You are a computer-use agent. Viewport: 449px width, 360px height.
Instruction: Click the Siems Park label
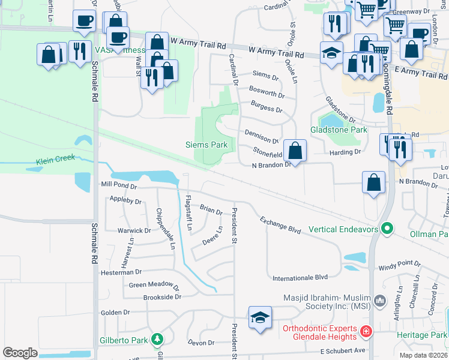pyautogui.click(x=205, y=145)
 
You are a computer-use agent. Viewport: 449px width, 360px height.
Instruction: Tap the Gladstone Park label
pyautogui.click(x=338, y=130)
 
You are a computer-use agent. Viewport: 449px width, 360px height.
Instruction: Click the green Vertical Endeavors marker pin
pyautogui.click(x=387, y=228)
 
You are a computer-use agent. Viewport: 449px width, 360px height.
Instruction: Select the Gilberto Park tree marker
pyautogui.click(x=157, y=340)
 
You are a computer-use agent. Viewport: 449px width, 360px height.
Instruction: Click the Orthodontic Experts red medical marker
pyautogui.click(x=364, y=331)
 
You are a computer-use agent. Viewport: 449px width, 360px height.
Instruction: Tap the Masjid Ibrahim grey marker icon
pyautogui.click(x=379, y=299)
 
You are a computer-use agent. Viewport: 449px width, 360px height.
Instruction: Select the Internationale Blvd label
pyautogui.click(x=300, y=277)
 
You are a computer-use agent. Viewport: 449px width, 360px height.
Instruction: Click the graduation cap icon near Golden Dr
pyautogui.click(x=260, y=318)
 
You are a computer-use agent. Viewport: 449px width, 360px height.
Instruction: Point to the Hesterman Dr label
pyautogui.click(x=121, y=272)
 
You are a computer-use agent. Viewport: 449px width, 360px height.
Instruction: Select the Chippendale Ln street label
pyautogui.click(x=166, y=229)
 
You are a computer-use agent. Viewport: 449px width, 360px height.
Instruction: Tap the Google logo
pyautogui.click(x=20, y=353)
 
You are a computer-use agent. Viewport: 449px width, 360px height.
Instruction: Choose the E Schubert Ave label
pyautogui.click(x=342, y=350)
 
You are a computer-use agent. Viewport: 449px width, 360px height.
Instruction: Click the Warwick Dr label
pyautogui.click(x=134, y=230)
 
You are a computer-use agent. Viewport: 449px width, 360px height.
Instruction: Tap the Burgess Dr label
pyautogui.click(x=267, y=109)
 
